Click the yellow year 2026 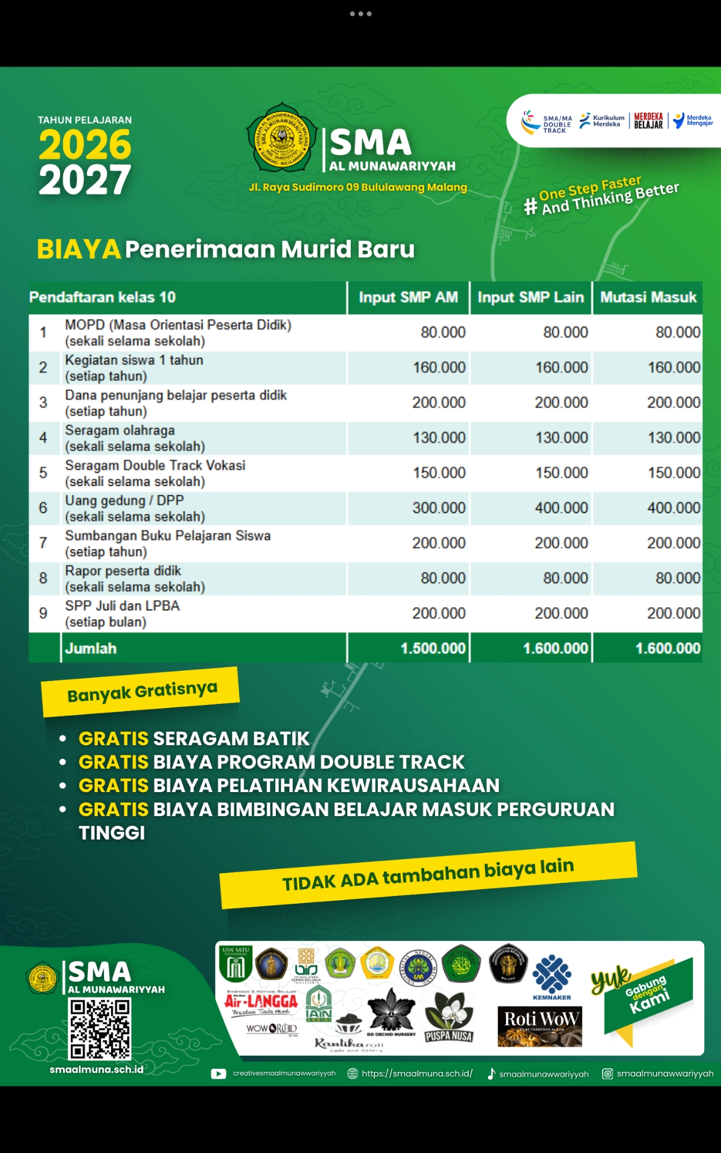85,145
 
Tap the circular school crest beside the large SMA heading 281,138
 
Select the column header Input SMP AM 408,297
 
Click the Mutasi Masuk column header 648,297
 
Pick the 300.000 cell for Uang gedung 439,508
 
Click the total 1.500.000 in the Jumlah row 433,649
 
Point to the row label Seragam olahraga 120,431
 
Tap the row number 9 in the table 43,613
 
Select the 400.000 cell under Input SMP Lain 561,508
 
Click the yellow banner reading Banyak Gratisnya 141,692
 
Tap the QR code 100,1029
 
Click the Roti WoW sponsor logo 540,1026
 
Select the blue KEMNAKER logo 552,976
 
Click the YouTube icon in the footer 219,1074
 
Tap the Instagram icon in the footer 607,1074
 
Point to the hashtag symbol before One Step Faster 530,207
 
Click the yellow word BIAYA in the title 79,249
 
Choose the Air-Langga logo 261,1002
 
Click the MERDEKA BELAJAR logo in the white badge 648,121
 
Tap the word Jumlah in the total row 91,649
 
